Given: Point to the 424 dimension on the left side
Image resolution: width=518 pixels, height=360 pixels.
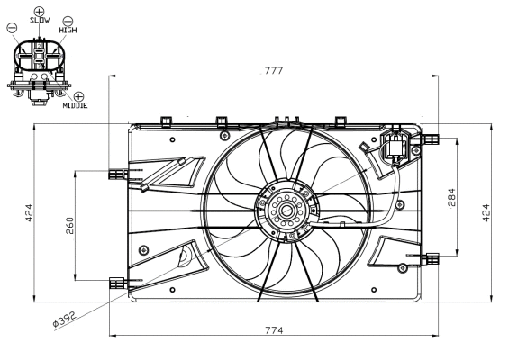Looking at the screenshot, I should (29, 212).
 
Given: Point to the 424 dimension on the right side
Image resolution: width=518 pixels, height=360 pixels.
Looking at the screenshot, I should (486, 212).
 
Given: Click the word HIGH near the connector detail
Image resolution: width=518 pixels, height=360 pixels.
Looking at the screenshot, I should (68, 30).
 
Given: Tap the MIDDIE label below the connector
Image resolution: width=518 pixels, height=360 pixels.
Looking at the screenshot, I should (76, 105).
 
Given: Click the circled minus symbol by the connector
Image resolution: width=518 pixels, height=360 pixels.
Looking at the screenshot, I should (11, 28).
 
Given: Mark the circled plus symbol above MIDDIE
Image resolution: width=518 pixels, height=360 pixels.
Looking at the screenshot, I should (78, 95).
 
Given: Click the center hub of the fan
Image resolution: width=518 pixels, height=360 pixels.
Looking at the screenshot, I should (286, 212).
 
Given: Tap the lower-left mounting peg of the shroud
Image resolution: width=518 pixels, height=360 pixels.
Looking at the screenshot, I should (115, 282).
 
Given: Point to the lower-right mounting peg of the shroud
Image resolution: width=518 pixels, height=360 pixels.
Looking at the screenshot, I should (432, 258).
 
